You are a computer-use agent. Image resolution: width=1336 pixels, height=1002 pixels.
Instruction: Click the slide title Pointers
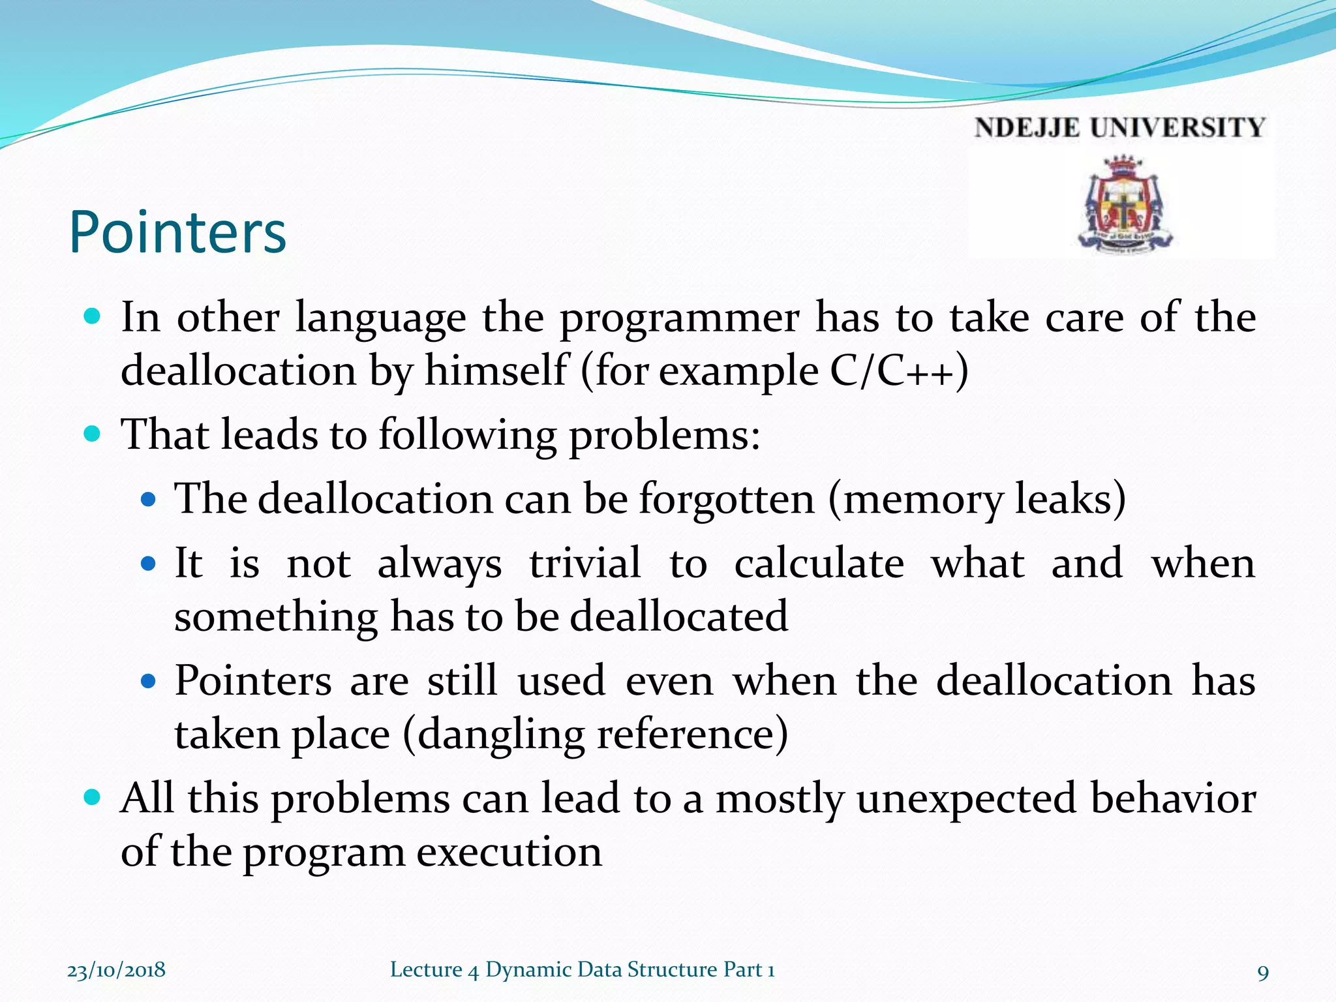tap(177, 232)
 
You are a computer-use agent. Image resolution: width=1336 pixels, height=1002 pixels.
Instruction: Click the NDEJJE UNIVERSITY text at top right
tap(1119, 128)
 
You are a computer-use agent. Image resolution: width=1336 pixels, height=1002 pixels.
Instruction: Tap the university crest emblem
tap(1123, 205)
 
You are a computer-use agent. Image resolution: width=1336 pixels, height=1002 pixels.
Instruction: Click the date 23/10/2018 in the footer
tap(116, 970)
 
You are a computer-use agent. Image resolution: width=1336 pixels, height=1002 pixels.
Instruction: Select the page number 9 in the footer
tap(1263, 973)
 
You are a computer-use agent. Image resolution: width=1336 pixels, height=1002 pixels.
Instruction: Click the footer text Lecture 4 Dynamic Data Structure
tap(582, 970)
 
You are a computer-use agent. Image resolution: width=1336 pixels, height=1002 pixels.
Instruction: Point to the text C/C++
tap(899, 371)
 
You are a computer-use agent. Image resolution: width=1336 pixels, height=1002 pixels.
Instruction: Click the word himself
tap(496, 371)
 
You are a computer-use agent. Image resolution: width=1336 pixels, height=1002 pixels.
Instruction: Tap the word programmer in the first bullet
tap(680, 319)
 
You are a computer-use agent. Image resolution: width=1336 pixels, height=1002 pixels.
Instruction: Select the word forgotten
tap(727, 499)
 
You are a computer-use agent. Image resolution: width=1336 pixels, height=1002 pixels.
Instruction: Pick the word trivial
tap(585, 563)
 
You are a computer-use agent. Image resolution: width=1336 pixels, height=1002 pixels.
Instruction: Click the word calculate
tap(819, 563)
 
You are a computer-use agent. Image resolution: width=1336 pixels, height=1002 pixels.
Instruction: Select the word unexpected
tap(966, 800)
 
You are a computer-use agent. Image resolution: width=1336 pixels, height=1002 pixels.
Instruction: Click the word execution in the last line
tap(509, 852)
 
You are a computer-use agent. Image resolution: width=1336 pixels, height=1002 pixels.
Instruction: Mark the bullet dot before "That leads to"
tap(93, 434)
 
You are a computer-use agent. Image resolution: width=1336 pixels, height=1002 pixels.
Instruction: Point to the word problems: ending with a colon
tap(664, 435)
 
